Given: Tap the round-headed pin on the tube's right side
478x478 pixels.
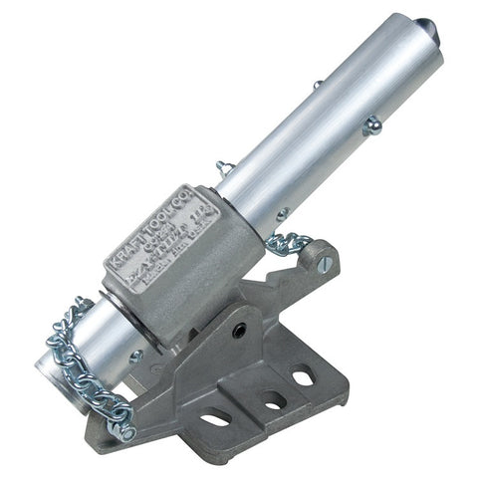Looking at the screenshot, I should pyautogui.click(x=372, y=125).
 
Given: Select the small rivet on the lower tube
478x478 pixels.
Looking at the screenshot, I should pyautogui.click(x=136, y=356).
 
